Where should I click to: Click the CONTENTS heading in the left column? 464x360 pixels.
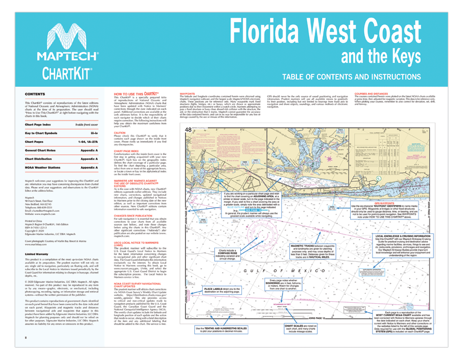pos(36,95)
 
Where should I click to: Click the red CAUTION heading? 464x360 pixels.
pos(120,133)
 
